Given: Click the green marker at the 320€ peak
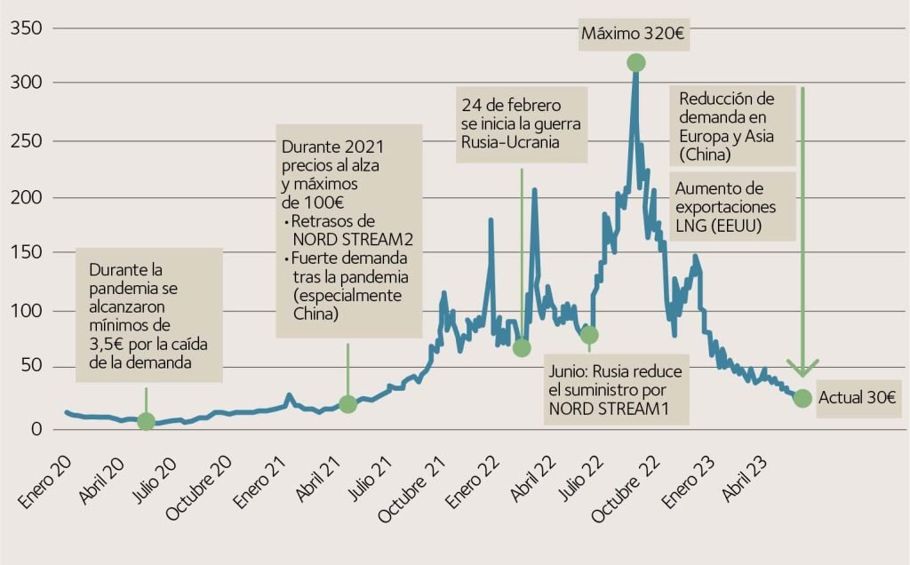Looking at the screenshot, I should coord(635,62).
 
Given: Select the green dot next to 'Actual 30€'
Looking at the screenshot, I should coord(802,398).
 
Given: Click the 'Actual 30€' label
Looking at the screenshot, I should coord(857,398).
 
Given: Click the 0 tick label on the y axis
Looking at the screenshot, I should coord(36,428).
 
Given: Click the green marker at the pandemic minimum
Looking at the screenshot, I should coord(146,421).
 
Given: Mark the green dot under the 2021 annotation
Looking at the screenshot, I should coord(347,404).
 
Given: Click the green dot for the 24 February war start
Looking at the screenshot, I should coord(522,348).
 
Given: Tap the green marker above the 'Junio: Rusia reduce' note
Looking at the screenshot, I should coord(588,335).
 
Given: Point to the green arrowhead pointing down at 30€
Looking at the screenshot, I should coord(802,369).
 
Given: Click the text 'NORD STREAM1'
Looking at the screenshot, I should coord(606,410).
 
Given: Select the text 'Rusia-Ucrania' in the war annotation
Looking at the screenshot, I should coord(511,143).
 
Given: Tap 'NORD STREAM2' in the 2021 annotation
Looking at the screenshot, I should coord(353,240).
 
